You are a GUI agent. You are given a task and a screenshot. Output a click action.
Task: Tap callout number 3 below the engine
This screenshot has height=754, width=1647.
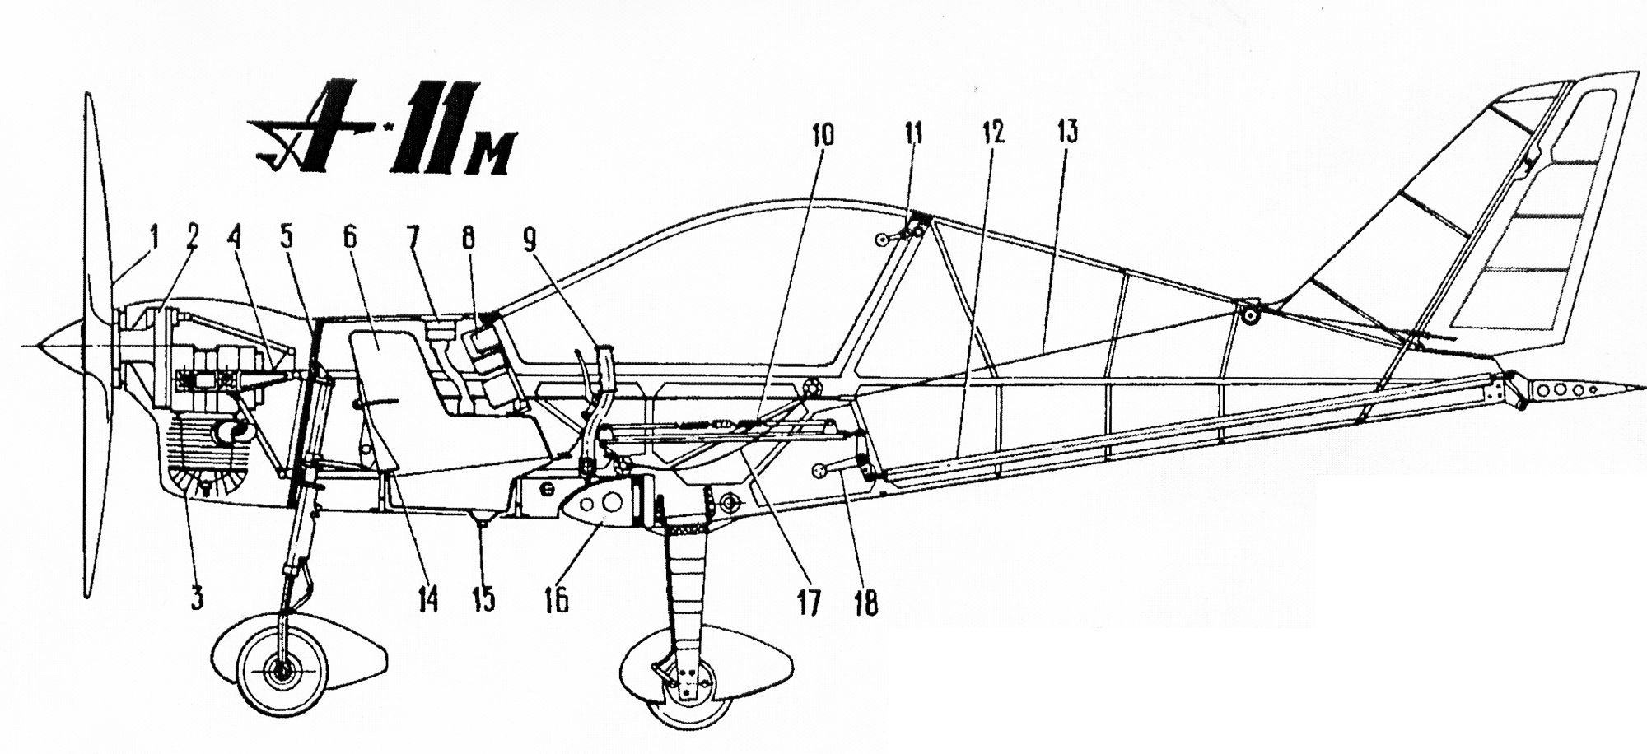click(x=196, y=598)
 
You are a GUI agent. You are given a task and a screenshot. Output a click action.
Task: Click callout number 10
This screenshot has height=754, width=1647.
click(x=823, y=135)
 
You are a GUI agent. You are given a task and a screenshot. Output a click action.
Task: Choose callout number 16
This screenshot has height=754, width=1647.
click(x=556, y=601)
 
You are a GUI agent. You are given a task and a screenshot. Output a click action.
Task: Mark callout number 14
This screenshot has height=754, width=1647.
click(x=428, y=600)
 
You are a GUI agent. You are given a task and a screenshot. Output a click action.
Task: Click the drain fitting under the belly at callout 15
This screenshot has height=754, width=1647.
click(x=481, y=518)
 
